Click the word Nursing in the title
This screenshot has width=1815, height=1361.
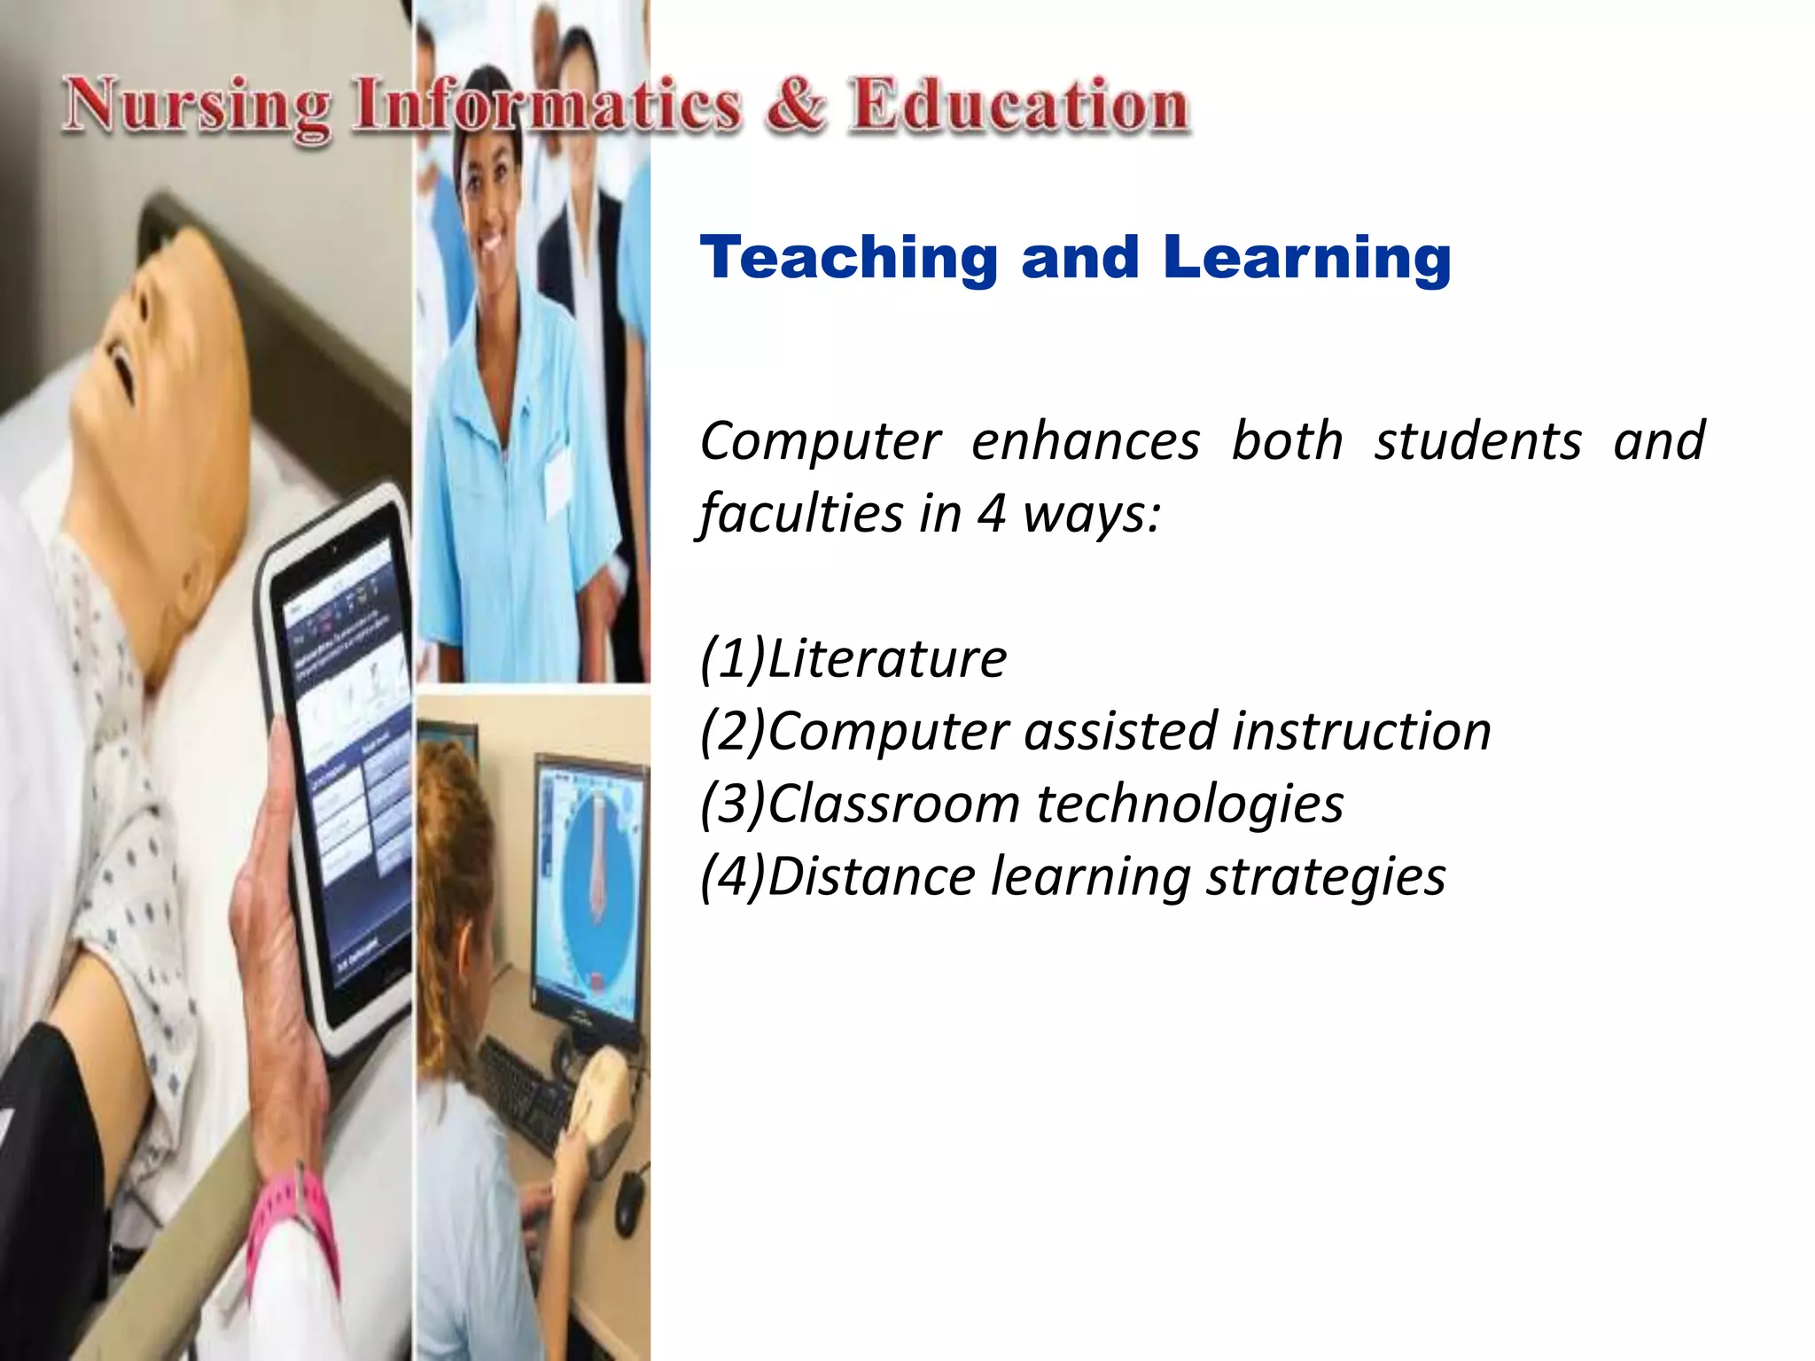(x=197, y=108)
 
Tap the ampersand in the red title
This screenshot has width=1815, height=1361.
(x=795, y=106)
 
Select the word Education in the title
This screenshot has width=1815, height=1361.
(x=1017, y=106)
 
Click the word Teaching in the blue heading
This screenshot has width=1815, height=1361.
(x=849, y=259)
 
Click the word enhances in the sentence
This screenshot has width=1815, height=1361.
(x=1085, y=441)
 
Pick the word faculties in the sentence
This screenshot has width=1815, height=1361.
(x=799, y=514)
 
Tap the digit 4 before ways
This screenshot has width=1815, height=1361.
(x=991, y=514)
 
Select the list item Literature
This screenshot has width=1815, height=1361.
(x=886, y=659)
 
